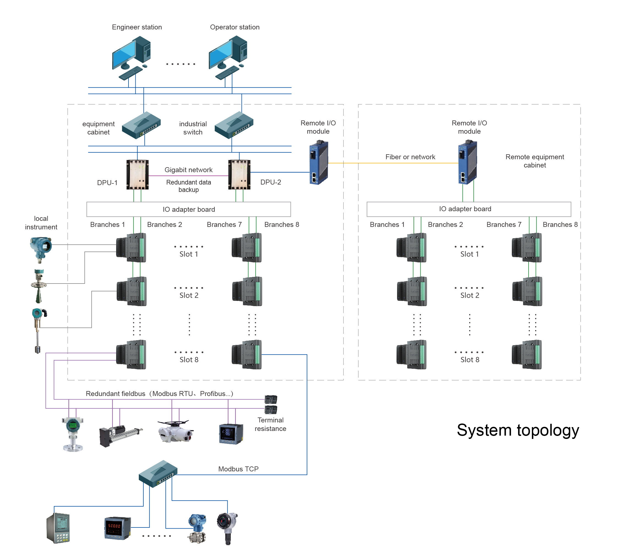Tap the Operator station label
[x=235, y=27]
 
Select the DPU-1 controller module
[x=137, y=175]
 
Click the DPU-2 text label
[x=270, y=182]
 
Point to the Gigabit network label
[x=188, y=170]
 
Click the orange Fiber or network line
[x=393, y=163]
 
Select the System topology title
[x=518, y=430]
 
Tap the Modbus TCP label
[x=238, y=469]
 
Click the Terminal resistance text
[x=270, y=424]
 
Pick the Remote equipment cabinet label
[x=535, y=161]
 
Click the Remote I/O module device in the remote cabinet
[x=467, y=162]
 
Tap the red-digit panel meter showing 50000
[x=117, y=528]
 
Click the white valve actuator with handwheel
[x=175, y=431]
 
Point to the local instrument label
[x=41, y=223]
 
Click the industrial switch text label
[x=193, y=128]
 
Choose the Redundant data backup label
[x=188, y=186]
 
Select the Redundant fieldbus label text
[x=159, y=394]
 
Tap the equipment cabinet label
[x=99, y=128]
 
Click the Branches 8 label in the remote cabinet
[x=560, y=224]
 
